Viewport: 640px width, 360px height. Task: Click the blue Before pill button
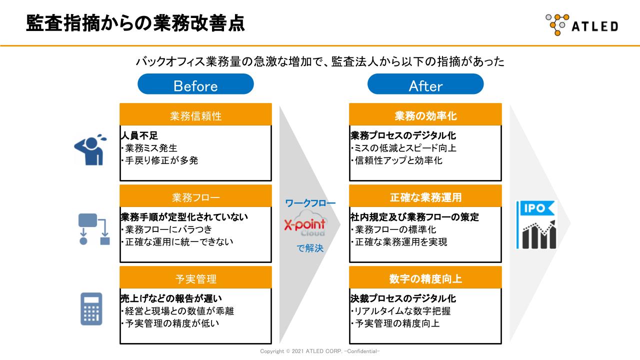coord(195,84)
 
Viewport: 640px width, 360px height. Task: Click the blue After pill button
coord(425,84)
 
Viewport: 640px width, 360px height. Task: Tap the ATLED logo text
coord(595,26)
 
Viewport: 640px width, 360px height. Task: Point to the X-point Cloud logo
coord(305,224)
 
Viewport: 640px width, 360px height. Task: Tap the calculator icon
coord(91,309)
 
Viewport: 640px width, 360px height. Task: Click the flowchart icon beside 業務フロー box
coord(94,229)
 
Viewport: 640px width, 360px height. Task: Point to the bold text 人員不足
coord(139,135)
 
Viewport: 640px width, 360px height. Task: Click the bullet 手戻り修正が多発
coord(159,160)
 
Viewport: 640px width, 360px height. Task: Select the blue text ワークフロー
coord(310,203)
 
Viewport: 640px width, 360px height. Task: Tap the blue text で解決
coord(310,248)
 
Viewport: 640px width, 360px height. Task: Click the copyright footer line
coord(319,351)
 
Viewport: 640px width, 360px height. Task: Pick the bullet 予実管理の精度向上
coord(395,323)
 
